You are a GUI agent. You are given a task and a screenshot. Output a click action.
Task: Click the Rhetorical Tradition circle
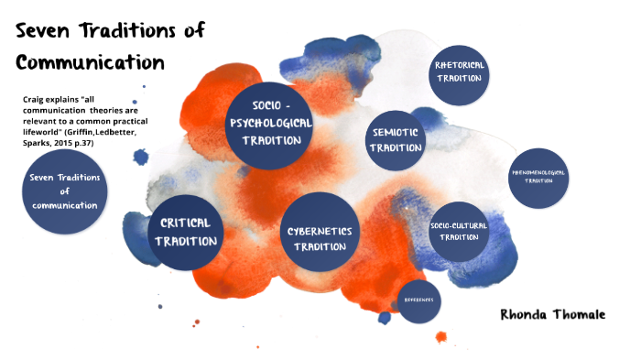coord(460,71)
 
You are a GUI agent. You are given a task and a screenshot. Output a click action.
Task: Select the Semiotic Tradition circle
coord(397,139)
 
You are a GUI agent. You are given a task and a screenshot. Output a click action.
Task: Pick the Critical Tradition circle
coord(186,231)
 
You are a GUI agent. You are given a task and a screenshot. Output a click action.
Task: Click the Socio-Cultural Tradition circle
coord(459,230)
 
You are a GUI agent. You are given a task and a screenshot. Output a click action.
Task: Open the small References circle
coord(420,300)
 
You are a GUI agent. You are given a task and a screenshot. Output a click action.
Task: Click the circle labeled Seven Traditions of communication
coord(64,192)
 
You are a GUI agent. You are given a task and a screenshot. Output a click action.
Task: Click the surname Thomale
coord(581,313)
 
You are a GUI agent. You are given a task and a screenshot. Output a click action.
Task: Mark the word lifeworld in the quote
coord(44,132)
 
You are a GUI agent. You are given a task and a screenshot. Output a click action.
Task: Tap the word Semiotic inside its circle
coord(397,132)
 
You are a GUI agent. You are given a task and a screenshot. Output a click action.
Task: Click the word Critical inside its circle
coord(186,223)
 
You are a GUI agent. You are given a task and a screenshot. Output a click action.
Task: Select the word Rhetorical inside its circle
coord(460,65)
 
